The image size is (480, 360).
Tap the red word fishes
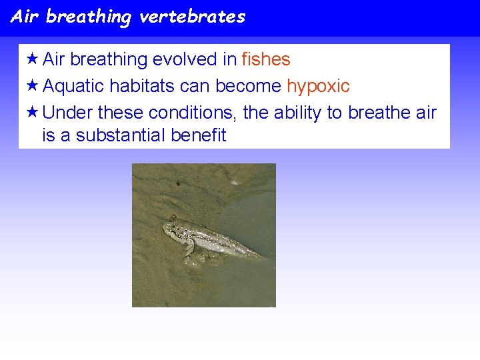pos(266,59)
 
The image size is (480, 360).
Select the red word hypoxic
pos(318,86)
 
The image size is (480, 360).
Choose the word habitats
pos(143,86)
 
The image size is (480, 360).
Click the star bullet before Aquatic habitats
pos(31,85)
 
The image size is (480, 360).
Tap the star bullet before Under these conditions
pos(31,111)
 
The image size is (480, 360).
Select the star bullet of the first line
pos(31,59)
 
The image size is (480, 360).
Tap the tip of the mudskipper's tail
pos(263,257)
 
